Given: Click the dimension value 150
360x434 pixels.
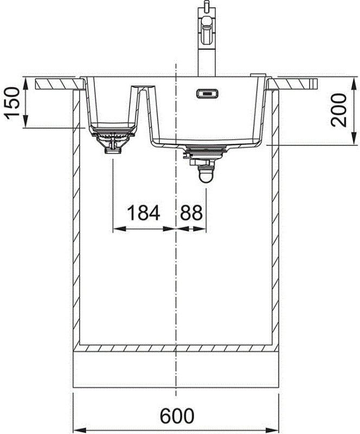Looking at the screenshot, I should [x=12, y=103].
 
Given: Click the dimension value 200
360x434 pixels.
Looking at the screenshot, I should [x=340, y=110].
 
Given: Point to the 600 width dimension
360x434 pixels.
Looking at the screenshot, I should [x=177, y=417].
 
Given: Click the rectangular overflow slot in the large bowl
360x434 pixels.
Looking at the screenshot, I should [x=206, y=94].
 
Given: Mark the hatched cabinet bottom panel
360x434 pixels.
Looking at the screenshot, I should [x=177, y=347].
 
